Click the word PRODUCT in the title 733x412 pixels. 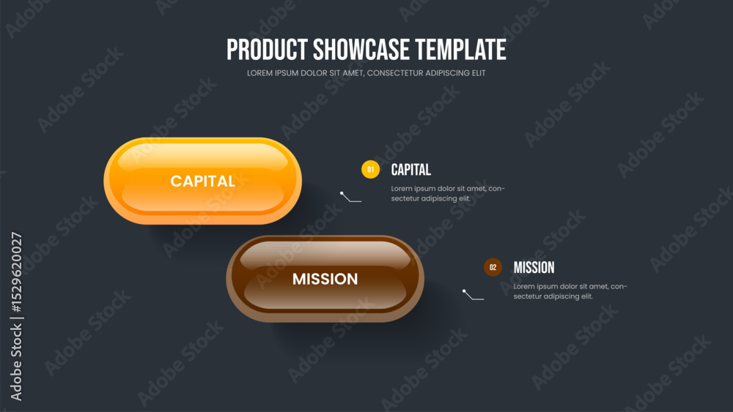[x=267, y=50]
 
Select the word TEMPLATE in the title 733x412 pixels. [x=461, y=50]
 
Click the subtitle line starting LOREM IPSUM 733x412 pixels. [x=366, y=73]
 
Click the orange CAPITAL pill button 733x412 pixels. [x=202, y=181]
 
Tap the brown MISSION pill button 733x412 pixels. [x=325, y=279]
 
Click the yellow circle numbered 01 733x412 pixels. [x=370, y=169]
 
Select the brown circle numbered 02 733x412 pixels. [x=493, y=267]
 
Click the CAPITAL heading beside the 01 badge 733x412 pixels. [x=411, y=170]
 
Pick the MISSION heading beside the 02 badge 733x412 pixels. [x=534, y=268]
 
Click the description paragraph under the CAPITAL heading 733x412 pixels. [x=448, y=194]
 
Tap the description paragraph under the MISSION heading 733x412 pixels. [x=570, y=291]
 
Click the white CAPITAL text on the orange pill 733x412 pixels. [x=202, y=181]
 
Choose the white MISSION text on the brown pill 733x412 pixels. [x=325, y=279]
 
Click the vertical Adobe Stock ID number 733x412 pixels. [x=16, y=272]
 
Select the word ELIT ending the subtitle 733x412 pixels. [x=479, y=73]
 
